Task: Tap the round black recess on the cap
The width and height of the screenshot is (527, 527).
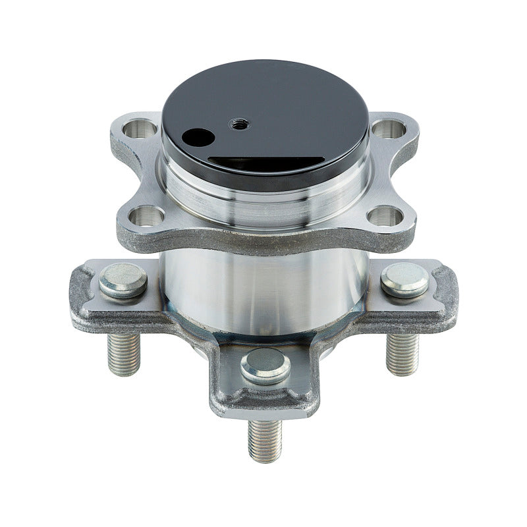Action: pyautogui.click(x=198, y=138)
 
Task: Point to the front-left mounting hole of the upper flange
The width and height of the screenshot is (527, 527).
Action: pyautogui.click(x=146, y=215)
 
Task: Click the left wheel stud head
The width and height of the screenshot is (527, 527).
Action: pyautogui.click(x=123, y=280)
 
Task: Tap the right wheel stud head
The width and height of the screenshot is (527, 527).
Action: pyautogui.click(x=404, y=280)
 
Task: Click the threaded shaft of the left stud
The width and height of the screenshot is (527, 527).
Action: pyautogui.click(x=124, y=353)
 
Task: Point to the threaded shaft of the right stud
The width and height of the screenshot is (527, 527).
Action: pyautogui.click(x=402, y=353)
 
